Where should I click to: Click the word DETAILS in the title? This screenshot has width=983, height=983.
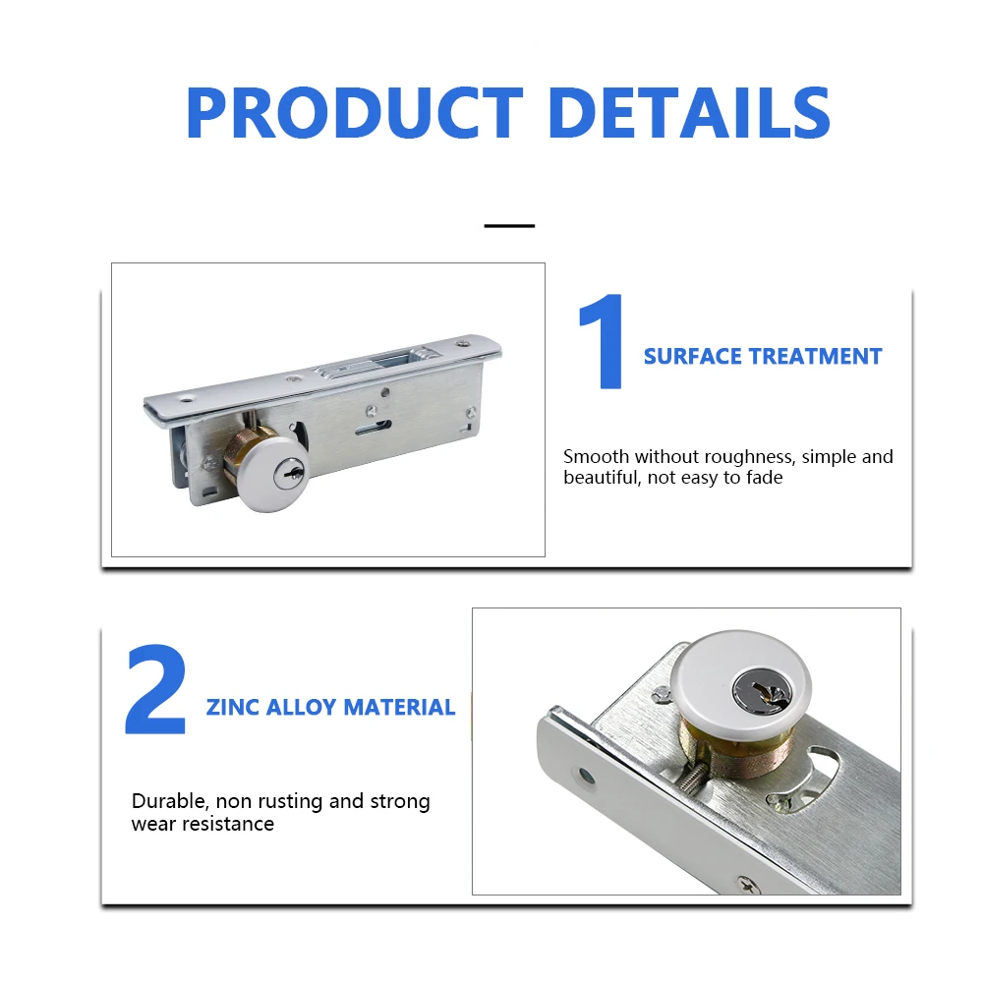pos(688,113)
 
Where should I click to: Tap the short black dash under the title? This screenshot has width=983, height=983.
pos(509,225)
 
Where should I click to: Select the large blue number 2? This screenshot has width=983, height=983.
pos(155,691)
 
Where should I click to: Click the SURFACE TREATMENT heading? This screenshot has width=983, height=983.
pos(763,356)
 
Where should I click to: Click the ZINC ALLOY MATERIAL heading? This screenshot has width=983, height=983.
pos(330,707)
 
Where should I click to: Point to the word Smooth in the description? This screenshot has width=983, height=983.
pos(596,456)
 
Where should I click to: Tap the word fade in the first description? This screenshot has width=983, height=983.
pos(764,478)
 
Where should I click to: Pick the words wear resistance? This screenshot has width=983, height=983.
pos(202,824)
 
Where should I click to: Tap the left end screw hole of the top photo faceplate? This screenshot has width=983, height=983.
pos(184,401)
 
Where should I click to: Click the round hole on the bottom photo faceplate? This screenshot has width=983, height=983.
pos(586,777)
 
